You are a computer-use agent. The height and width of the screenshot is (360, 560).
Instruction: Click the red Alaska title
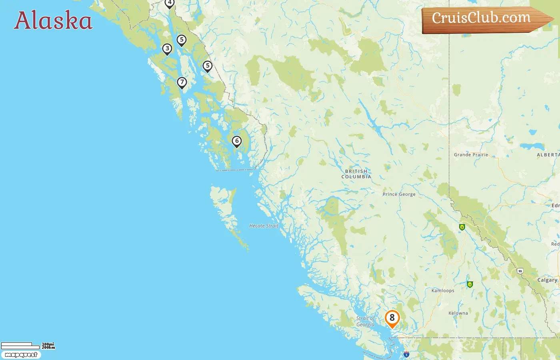click(53, 21)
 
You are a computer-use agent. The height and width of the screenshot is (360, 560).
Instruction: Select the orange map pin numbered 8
click(392, 318)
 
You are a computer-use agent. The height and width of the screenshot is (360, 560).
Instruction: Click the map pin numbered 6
click(237, 141)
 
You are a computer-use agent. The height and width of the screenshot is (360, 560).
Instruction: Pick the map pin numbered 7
click(182, 82)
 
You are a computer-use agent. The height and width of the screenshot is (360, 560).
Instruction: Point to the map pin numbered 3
click(167, 49)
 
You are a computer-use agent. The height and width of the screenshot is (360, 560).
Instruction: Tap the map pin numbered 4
click(170, 3)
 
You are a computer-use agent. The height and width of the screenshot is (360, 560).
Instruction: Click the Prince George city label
click(399, 194)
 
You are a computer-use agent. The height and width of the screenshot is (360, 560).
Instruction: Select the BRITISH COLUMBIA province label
click(356, 174)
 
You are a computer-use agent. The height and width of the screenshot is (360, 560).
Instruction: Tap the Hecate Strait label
click(264, 226)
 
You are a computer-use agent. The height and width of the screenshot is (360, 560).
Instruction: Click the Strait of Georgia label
click(366, 322)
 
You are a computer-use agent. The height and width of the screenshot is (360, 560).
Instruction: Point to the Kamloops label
click(443, 291)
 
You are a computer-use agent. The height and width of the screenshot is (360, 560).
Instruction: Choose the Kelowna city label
click(458, 313)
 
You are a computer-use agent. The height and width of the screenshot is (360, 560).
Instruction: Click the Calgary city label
click(547, 280)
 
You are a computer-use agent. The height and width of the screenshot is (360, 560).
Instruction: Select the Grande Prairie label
click(471, 155)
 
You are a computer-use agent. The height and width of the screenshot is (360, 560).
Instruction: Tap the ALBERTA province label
click(548, 155)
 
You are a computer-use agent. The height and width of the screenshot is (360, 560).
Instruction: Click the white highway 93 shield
click(520, 271)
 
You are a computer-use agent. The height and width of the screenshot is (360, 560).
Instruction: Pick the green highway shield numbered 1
click(470, 284)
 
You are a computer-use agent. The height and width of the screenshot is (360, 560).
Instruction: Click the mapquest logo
click(21, 355)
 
